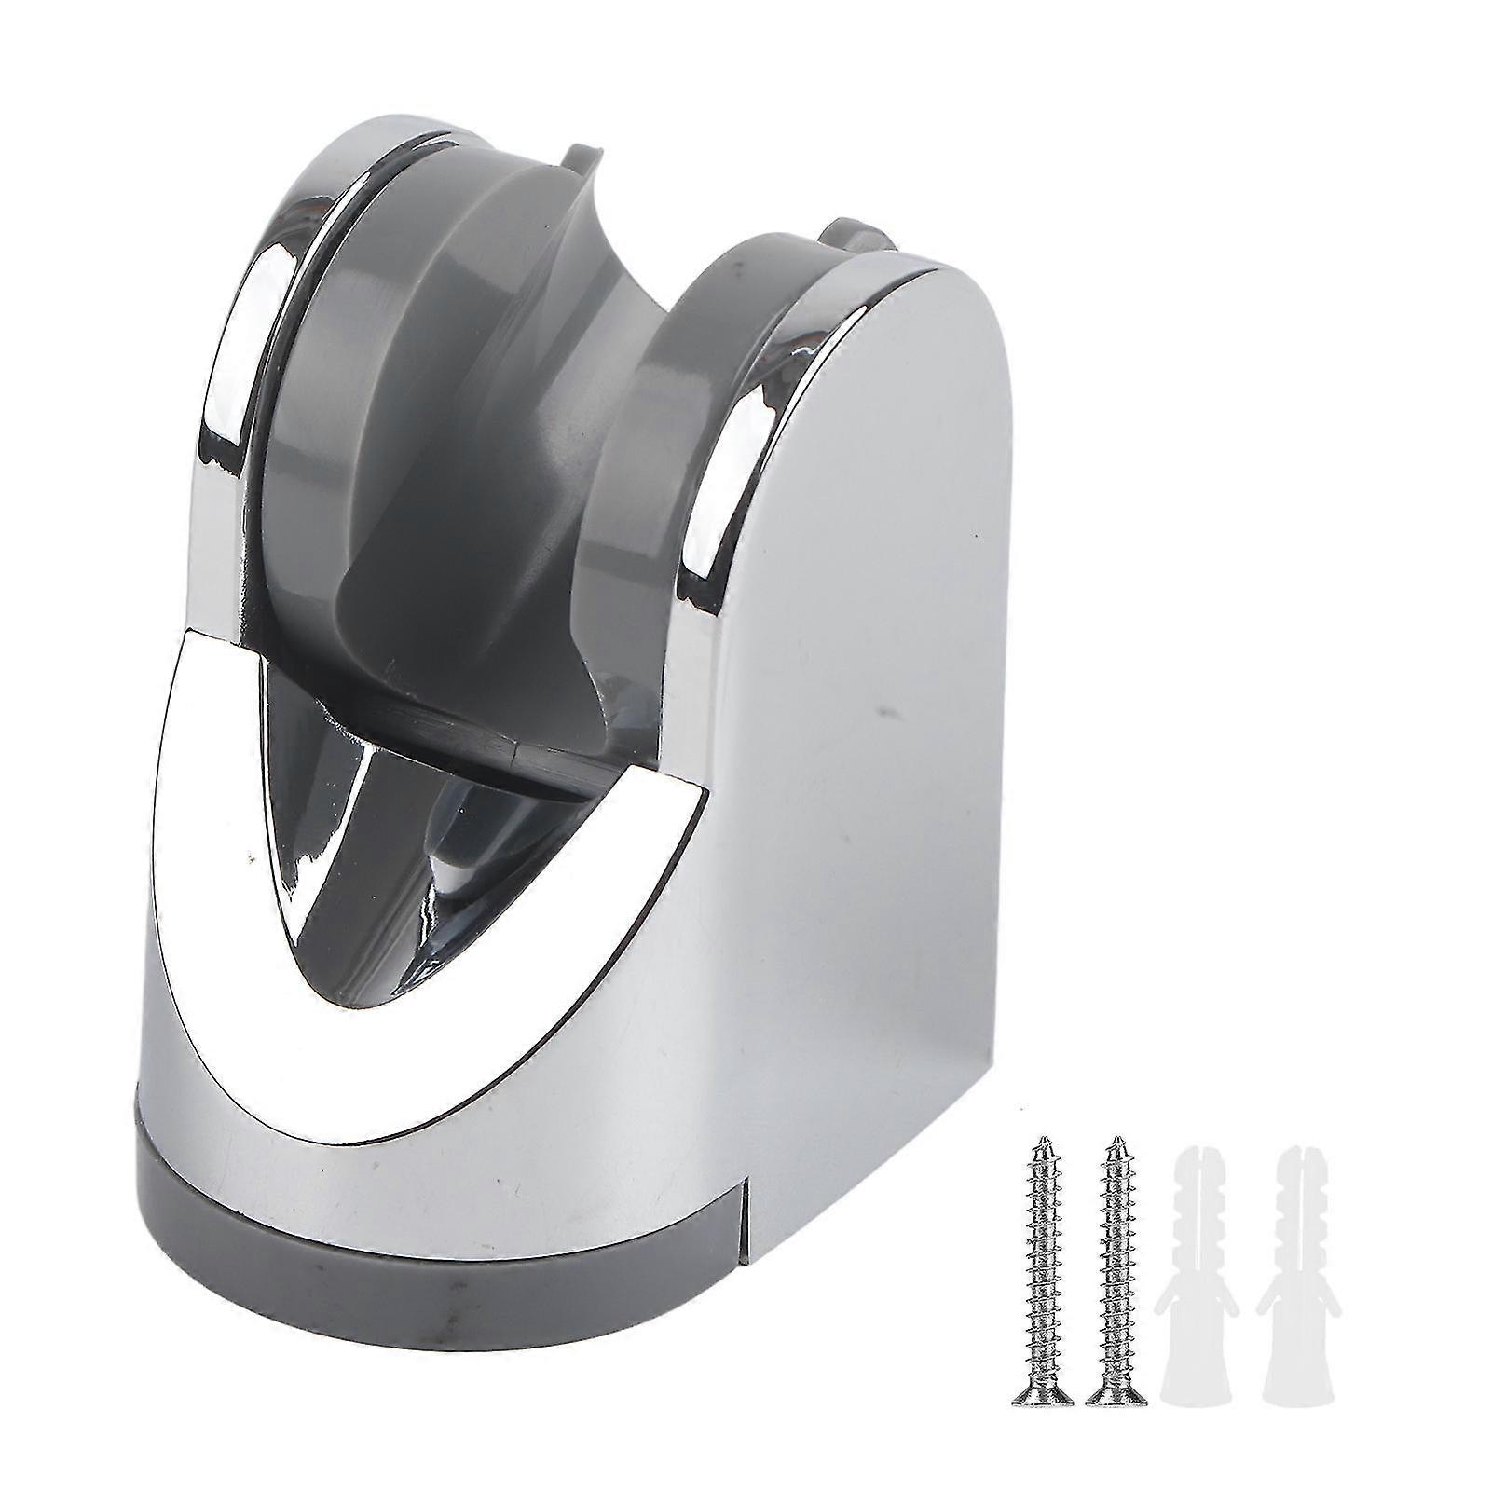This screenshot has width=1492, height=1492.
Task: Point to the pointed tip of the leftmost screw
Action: click(x=1045, y=1140)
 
